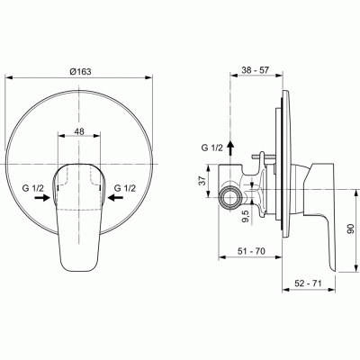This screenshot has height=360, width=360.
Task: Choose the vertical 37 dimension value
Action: (x=202, y=182)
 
